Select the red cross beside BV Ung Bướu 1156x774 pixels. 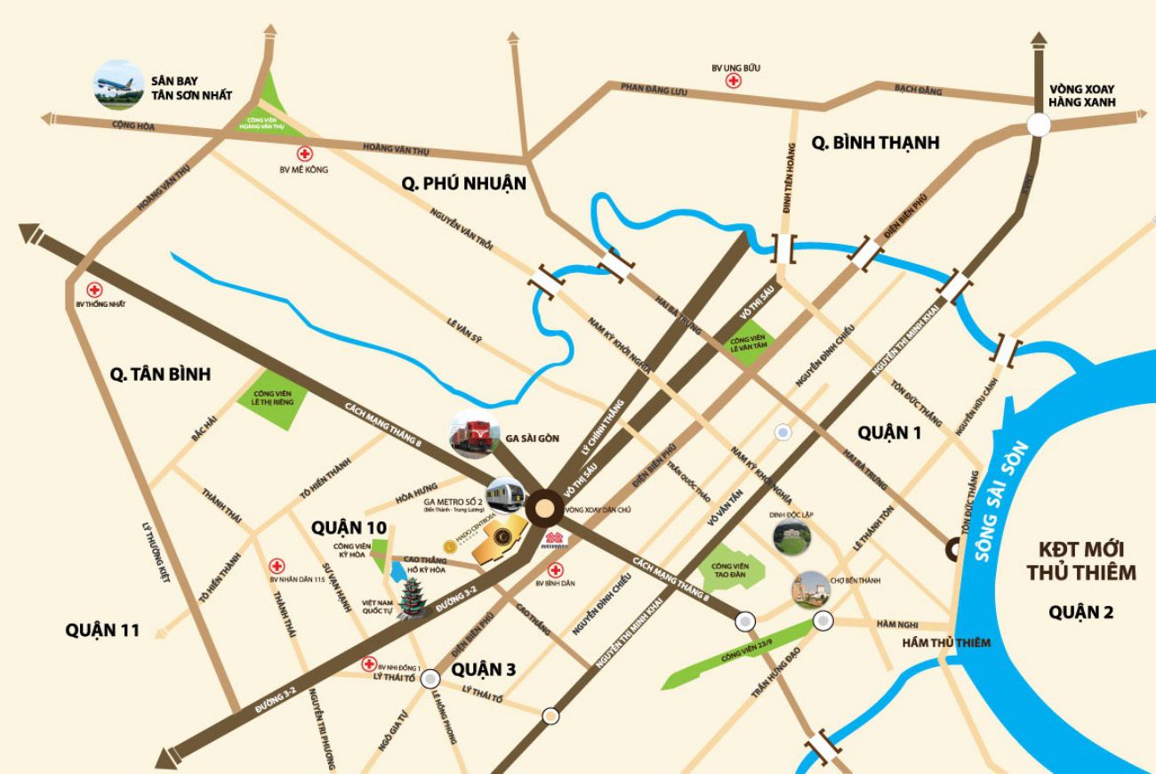coord(734,82)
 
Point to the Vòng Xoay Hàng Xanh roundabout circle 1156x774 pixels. coord(1039,125)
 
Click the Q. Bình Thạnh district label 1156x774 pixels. coord(876,142)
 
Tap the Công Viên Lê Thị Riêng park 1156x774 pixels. coord(274,399)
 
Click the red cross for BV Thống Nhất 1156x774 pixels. coord(94,290)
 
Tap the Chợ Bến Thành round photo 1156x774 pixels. coord(811,588)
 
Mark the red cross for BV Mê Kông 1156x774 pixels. coord(304,154)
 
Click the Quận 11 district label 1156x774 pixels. coord(102,630)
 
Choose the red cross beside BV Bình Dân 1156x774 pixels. coord(556,570)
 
